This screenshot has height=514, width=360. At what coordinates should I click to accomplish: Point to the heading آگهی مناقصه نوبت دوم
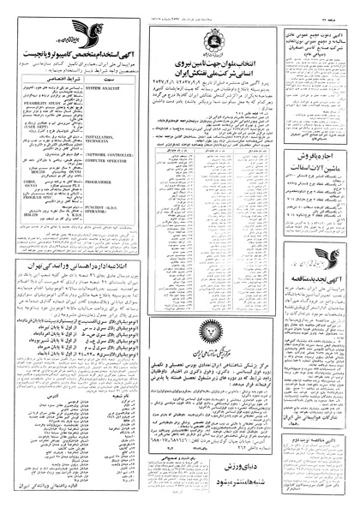coord(309,459)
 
